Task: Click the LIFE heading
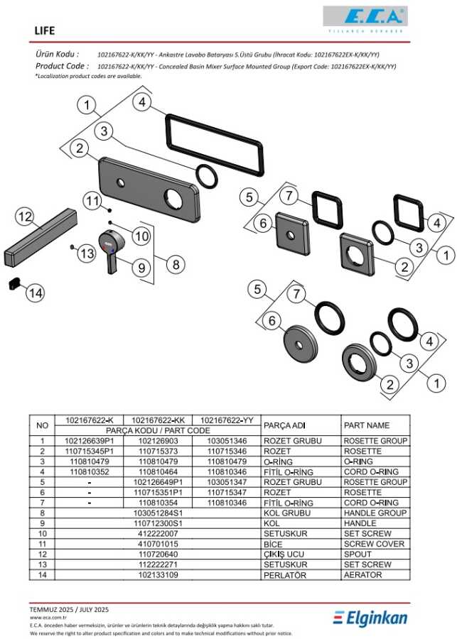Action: pos(45,31)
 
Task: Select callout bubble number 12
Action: pos(24,217)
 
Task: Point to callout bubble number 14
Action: pos(36,292)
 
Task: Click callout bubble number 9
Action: pos(141,268)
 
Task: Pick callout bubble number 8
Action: pos(174,263)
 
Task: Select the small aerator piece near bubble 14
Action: pos(15,283)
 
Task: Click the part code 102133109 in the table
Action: pos(148,574)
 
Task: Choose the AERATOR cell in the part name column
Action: pos(362,574)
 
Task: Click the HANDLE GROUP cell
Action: pos(375,513)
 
